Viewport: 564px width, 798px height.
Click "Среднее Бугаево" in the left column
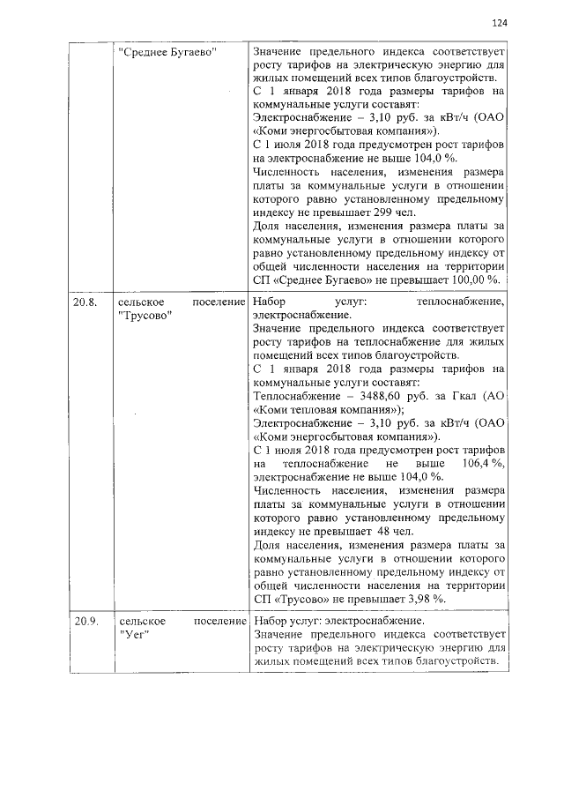coord(168,52)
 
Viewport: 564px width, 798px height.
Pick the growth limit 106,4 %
coord(481,464)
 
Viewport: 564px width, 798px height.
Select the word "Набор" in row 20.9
coord(269,622)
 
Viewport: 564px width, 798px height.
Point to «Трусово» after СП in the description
coord(300,600)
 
